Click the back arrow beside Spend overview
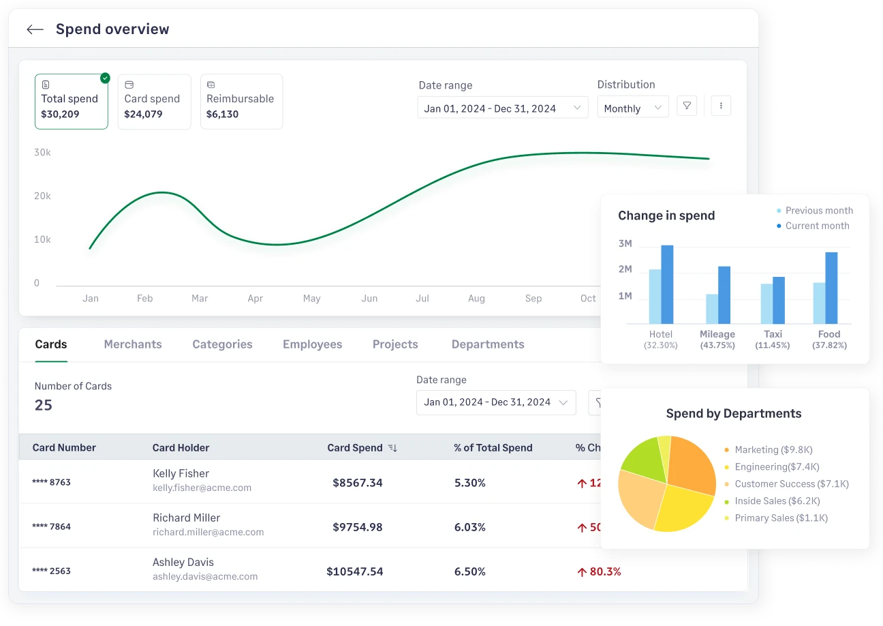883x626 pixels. pyautogui.click(x=35, y=29)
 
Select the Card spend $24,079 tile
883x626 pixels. pyautogui.click(x=154, y=102)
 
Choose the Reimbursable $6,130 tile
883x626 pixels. pyautogui.click(x=241, y=102)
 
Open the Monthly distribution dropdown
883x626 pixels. pyautogui.click(x=632, y=108)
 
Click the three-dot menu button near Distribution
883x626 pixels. pyautogui.click(x=721, y=106)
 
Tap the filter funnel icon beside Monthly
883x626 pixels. pyautogui.click(x=687, y=106)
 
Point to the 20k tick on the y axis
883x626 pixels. pyautogui.click(x=42, y=196)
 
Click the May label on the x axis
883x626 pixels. pyautogui.click(x=311, y=299)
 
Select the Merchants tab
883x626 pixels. pyautogui.click(x=133, y=344)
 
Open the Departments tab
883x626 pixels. pyautogui.click(x=488, y=344)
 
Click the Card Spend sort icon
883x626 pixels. pyautogui.click(x=392, y=448)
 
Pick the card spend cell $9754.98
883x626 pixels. pyautogui.click(x=357, y=527)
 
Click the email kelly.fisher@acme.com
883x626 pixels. pyautogui.click(x=202, y=488)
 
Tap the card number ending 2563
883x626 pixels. pyautogui.click(x=52, y=571)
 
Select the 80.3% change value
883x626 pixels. pyautogui.click(x=599, y=571)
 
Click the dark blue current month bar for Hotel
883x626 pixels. pyautogui.click(x=667, y=284)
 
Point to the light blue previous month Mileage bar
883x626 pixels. pyautogui.click(x=711, y=309)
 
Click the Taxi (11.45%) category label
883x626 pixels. pyautogui.click(x=773, y=339)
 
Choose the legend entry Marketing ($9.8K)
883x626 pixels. pyautogui.click(x=773, y=450)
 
